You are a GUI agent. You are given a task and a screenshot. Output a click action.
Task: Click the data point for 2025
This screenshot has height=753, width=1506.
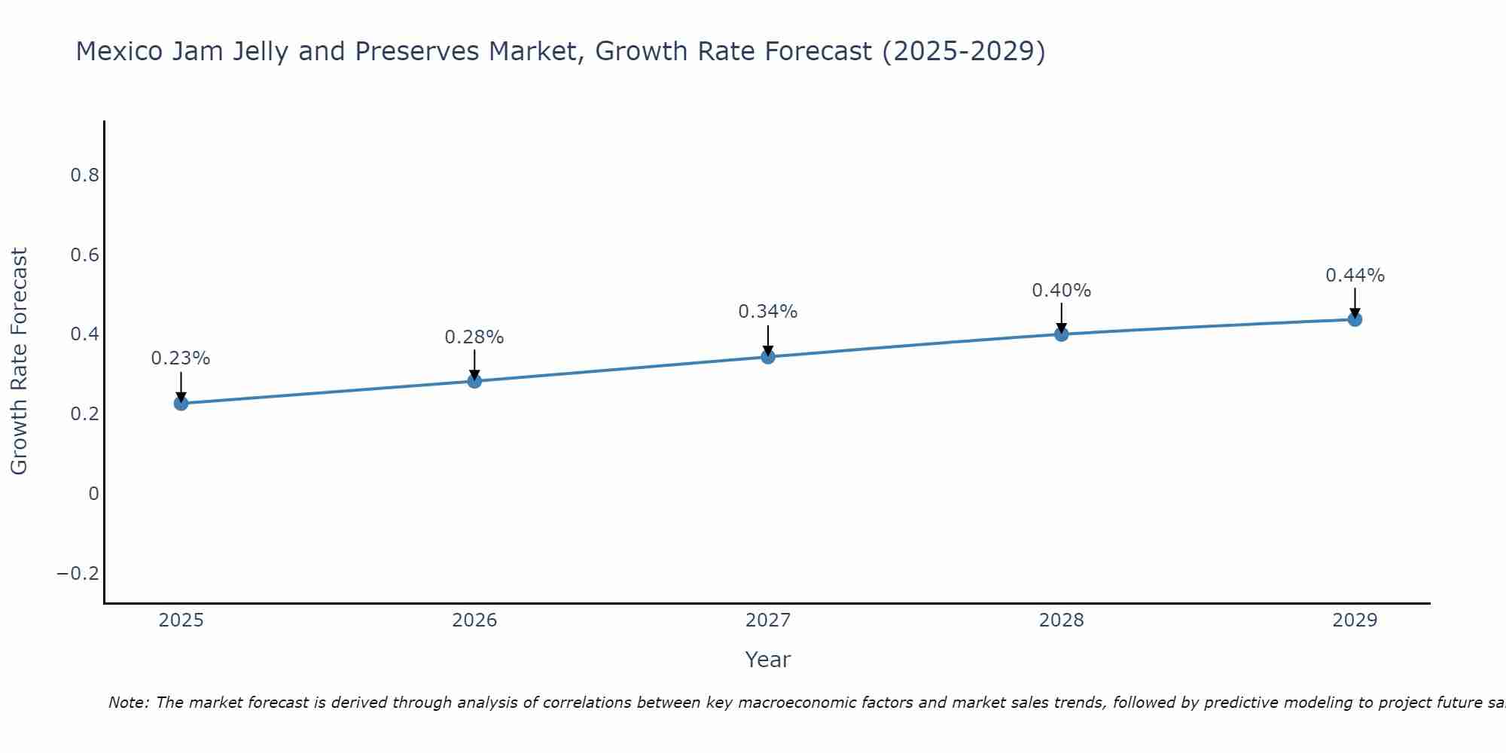(181, 404)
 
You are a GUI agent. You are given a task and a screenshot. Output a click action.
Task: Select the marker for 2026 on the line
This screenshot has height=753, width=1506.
(474, 381)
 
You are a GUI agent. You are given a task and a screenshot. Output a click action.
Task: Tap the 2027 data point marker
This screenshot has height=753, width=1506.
(768, 357)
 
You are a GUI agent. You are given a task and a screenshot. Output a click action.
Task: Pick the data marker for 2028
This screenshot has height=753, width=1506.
(1061, 334)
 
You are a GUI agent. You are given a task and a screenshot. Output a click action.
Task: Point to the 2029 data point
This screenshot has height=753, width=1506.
(1355, 319)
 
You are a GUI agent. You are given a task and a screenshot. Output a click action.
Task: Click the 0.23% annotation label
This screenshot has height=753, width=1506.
(181, 358)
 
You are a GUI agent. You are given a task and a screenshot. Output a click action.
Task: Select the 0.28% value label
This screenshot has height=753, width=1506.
(474, 337)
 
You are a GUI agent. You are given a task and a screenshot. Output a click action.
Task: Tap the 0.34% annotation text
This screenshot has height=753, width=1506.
(768, 312)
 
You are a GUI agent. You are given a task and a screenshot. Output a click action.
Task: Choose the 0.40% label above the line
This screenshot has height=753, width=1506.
(1061, 291)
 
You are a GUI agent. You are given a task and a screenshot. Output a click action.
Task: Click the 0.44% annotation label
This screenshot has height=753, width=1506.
(1355, 276)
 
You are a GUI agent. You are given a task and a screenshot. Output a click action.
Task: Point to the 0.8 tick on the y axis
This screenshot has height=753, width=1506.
(84, 175)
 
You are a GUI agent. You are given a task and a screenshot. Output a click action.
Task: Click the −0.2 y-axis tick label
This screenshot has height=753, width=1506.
(78, 574)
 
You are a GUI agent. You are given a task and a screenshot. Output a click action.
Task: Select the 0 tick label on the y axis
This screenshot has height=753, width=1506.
(93, 494)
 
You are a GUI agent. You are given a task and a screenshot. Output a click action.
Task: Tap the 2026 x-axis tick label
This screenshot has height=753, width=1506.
(474, 620)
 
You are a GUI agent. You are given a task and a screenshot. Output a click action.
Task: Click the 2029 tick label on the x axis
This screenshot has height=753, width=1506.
(1355, 620)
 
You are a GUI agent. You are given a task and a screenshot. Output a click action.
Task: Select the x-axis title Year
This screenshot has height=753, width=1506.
(767, 660)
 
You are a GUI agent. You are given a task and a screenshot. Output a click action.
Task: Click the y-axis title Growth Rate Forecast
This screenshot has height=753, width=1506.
(19, 361)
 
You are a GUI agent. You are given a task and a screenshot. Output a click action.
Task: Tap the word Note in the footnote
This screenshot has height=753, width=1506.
(129, 703)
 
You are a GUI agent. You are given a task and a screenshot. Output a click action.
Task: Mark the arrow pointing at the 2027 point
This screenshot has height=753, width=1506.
(768, 340)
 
